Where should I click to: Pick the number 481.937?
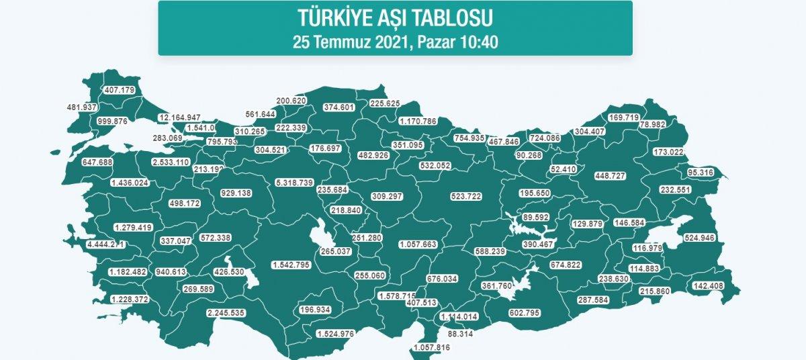click(x=83, y=107)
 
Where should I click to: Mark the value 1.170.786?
click(x=418, y=122)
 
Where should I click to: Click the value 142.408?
click(x=710, y=286)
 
